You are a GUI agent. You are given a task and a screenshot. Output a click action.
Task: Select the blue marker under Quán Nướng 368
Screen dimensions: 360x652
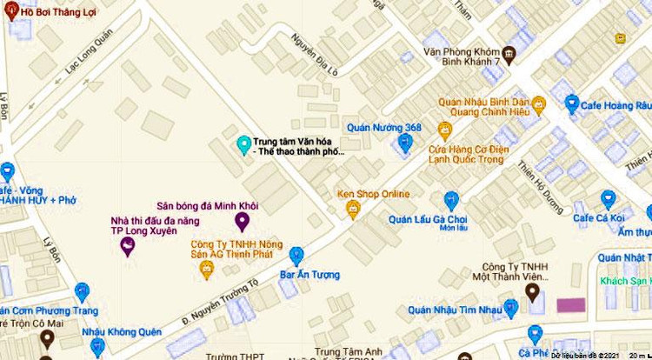pyautogui.click(x=404, y=143)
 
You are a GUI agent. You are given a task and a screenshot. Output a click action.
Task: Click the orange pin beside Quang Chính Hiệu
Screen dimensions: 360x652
pyautogui.click(x=539, y=105)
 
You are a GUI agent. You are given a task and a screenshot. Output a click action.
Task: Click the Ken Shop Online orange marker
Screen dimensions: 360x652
pyautogui.click(x=353, y=209)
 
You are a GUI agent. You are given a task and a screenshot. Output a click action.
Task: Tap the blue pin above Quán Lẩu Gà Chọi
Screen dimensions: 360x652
pyautogui.click(x=451, y=200)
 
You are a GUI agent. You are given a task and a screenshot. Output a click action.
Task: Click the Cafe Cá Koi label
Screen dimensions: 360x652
pyautogui.click(x=600, y=217)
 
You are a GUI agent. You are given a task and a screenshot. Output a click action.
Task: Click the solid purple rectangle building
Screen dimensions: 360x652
pyautogui.click(x=570, y=304)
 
